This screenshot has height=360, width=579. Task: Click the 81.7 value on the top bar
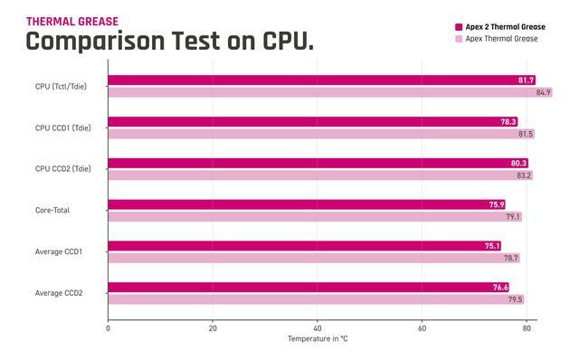coord(526,81)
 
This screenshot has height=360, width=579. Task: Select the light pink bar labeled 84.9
coord(330,92)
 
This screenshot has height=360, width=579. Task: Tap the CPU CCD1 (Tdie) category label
coord(62,128)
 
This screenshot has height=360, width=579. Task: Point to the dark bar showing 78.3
coord(313,121)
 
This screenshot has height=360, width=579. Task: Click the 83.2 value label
coord(524,175)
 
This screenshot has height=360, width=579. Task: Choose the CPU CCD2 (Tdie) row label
coord(62,169)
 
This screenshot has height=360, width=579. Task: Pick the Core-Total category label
coord(52,210)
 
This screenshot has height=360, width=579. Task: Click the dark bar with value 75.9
coord(307,204)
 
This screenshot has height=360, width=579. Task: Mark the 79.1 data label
coord(513,217)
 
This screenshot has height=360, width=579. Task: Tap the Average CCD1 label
coord(58,251)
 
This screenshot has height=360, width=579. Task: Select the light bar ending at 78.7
coord(314,258)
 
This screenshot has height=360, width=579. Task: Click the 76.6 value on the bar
coord(500,288)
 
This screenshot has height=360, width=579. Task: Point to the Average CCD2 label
coord(59,293)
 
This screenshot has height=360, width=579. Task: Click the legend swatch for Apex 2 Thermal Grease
coord(459,27)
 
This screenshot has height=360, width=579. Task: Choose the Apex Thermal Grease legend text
coord(501,39)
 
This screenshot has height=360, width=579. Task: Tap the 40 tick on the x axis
coord(318,328)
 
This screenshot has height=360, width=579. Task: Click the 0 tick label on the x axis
coord(108,328)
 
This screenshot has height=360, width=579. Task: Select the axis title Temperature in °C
coord(318,338)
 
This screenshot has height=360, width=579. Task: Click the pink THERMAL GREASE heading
coord(72,22)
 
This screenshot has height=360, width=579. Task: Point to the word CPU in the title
coord(288,41)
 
